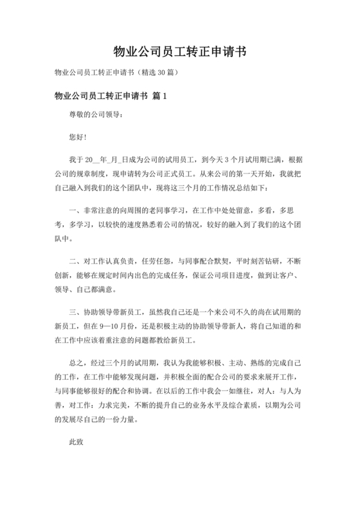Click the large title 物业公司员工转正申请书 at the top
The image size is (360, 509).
coord(179,51)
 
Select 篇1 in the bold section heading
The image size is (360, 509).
coord(160,96)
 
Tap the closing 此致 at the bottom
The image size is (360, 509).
coord(76,444)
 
